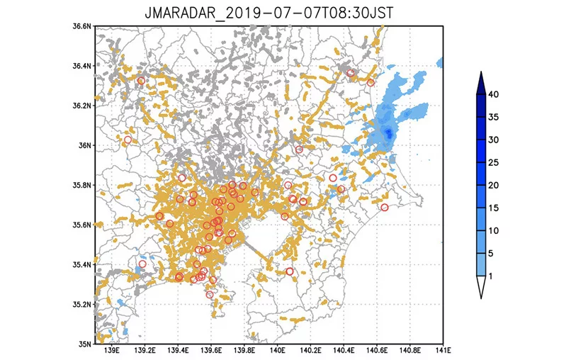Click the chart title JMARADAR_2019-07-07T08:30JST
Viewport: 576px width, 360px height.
tap(270, 14)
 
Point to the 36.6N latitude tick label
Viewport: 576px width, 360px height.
tap(82, 26)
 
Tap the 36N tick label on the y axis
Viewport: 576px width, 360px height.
tap(86, 145)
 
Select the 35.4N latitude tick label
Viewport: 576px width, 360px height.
tap(82, 265)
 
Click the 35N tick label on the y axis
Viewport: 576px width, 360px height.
tap(86, 344)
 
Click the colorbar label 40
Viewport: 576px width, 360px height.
tap(494, 94)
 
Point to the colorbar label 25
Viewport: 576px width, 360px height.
tap(494, 162)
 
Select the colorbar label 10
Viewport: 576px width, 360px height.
tap(494, 230)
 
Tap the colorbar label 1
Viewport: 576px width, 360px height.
tap(492, 276)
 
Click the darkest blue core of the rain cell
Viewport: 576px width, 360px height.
tap(388, 133)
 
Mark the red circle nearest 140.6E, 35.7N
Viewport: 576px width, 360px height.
tap(385, 207)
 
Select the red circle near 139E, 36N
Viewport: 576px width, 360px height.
tap(128, 140)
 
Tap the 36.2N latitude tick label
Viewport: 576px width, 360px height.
tap(82, 106)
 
